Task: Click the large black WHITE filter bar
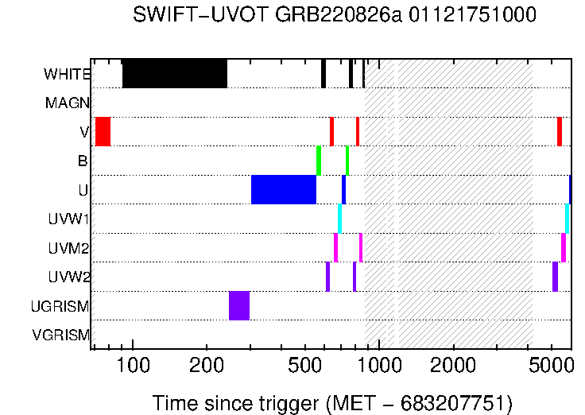pyautogui.click(x=174, y=73)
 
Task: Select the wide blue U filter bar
pyautogui.click(x=283, y=189)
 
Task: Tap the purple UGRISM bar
pyautogui.click(x=239, y=305)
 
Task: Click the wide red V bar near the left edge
pyautogui.click(x=103, y=131)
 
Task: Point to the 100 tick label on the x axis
pyautogui.click(x=132, y=366)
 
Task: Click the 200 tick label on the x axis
pyautogui.click(x=207, y=366)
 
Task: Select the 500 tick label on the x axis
pyautogui.click(x=305, y=366)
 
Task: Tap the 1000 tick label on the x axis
pyautogui.click(x=379, y=366)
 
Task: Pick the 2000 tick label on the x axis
pyautogui.click(x=454, y=366)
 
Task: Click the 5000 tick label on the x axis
pyautogui.click(x=552, y=366)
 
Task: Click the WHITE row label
pyautogui.click(x=67, y=75)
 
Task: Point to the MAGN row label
pyautogui.click(x=68, y=103)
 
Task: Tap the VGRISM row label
pyautogui.click(x=61, y=335)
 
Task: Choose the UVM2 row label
pyautogui.click(x=69, y=248)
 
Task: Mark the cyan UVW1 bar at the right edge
pyautogui.click(x=567, y=219)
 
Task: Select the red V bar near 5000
pyautogui.click(x=560, y=131)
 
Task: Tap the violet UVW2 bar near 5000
pyautogui.click(x=555, y=277)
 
